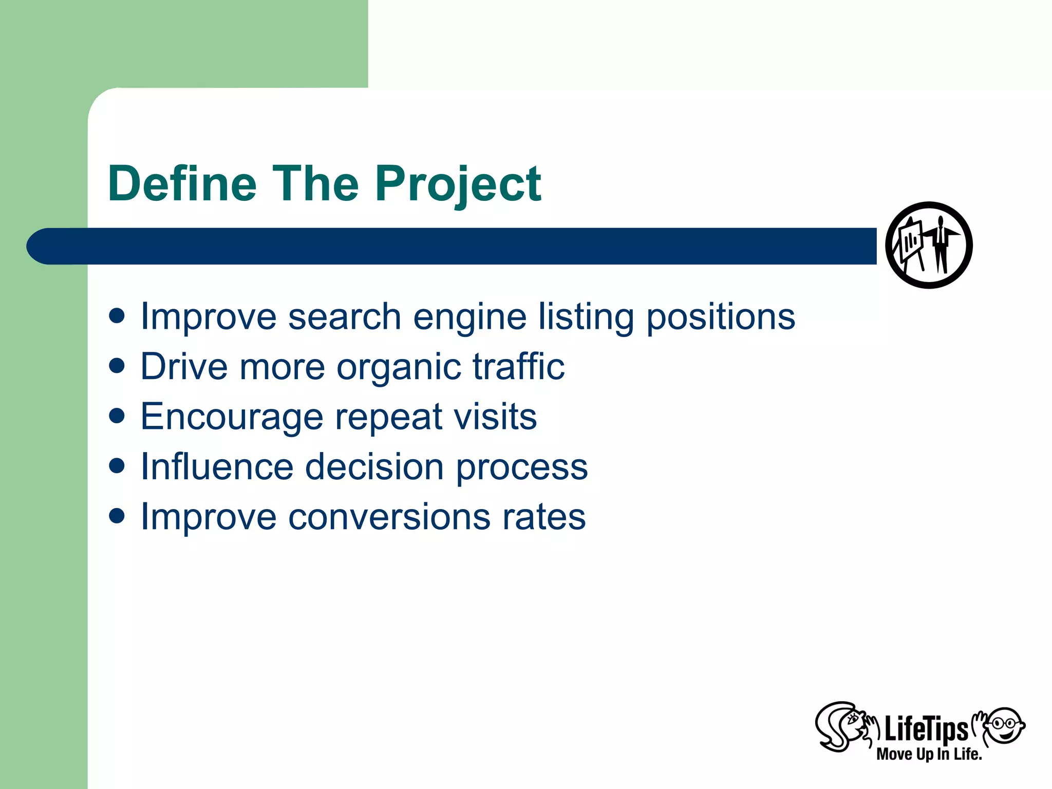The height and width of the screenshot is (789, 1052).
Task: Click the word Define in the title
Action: click(182, 184)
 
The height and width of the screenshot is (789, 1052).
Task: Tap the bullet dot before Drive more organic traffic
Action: click(117, 366)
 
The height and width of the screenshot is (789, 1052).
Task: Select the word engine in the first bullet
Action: click(469, 317)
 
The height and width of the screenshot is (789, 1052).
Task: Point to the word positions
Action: click(720, 317)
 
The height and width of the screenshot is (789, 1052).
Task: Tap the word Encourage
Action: click(231, 417)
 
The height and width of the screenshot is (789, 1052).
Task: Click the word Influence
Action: click(217, 466)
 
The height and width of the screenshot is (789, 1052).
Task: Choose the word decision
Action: click(374, 466)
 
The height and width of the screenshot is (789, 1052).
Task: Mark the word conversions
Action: click(389, 517)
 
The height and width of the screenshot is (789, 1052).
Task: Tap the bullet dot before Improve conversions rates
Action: click(117, 516)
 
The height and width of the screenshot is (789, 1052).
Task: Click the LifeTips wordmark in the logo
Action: click(926, 728)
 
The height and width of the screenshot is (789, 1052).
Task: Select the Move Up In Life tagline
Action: click(929, 754)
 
